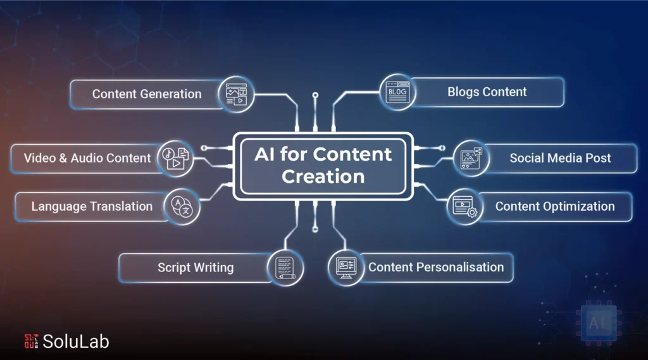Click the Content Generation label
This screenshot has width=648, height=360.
[147, 94]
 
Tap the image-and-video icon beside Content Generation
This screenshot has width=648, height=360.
[236, 94]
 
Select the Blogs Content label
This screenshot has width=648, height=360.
[487, 92]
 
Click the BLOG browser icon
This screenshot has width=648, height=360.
[397, 92]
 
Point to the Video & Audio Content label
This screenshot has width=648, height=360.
[87, 158]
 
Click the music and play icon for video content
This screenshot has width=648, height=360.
[176, 159]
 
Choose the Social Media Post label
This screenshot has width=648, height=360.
[560, 158]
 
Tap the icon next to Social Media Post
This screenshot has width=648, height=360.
[471, 158]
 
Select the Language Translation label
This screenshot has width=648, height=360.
[92, 206]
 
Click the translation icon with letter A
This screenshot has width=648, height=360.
[182, 207]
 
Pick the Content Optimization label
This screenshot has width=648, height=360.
[555, 206]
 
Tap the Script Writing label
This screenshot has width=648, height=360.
[196, 268]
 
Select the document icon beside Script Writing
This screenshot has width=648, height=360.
[285, 268]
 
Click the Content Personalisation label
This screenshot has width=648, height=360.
[436, 268]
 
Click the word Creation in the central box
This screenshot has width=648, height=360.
[323, 177]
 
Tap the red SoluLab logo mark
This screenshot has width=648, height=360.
[31, 341]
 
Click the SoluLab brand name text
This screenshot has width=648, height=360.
[76, 342]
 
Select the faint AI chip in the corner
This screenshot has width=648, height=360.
[598, 323]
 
